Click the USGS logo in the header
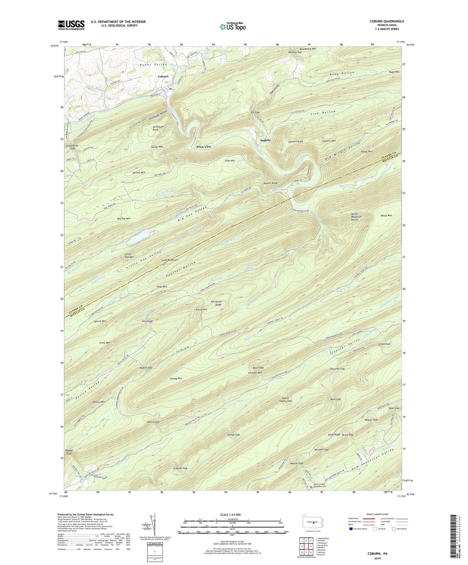(71, 25)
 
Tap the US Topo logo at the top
(232, 27)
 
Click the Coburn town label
(163, 76)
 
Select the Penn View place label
(204, 147)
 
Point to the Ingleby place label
(265, 140)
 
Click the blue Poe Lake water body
(141, 239)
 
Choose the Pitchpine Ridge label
(216, 303)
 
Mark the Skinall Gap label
(233, 435)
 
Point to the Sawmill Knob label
(295, 142)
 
